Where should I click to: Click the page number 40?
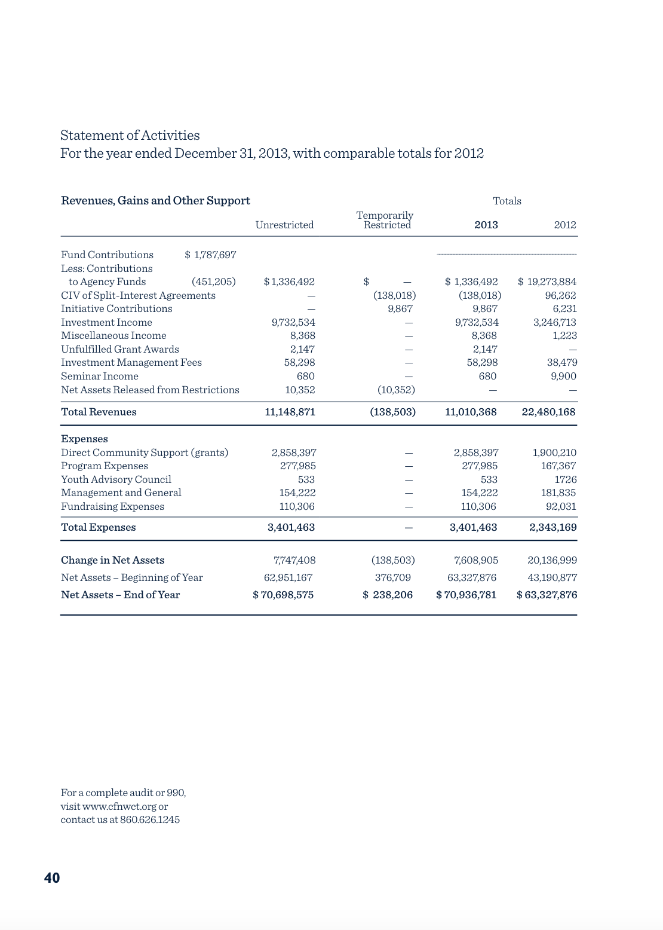point(52,877)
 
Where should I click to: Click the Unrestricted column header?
point(284,225)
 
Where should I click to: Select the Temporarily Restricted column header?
point(385,220)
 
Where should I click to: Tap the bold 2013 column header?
point(486,225)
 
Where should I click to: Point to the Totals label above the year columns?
point(507,201)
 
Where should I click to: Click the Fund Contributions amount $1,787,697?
point(211,255)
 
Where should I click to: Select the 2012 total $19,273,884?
point(547,282)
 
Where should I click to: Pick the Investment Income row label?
point(106,322)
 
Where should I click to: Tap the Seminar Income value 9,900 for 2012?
point(563,376)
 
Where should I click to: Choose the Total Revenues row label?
point(99,412)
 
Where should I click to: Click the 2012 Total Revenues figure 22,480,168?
point(548,412)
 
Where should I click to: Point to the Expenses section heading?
point(84,439)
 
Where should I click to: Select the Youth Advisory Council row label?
point(116,479)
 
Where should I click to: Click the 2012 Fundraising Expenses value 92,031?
point(560,506)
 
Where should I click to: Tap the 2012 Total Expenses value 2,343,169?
point(553,527)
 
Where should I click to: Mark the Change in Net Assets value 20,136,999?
point(552,560)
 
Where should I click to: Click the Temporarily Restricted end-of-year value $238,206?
point(388,595)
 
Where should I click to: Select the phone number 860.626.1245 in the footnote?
point(150,819)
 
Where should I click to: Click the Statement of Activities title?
point(130,135)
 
